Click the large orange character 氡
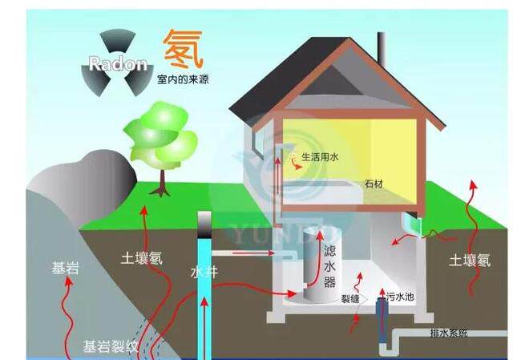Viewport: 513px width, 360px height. point(184,49)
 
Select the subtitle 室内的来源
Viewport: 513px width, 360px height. point(184,81)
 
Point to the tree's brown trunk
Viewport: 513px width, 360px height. point(162,181)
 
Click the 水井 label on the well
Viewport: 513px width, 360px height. point(204,273)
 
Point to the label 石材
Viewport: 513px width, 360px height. point(374,184)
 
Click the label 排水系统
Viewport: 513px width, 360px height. point(448,332)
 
